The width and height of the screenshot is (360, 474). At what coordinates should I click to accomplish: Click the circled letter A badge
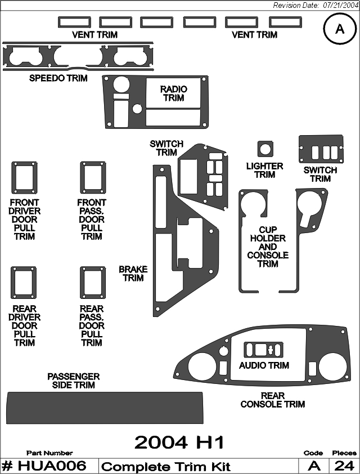click(340, 29)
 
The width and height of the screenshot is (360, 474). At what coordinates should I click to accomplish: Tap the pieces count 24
click(344, 466)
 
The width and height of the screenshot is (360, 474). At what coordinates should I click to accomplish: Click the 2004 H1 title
click(179, 443)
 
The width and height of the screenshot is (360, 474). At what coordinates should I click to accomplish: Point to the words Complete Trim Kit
click(166, 467)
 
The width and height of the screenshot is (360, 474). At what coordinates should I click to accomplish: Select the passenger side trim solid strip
click(105, 408)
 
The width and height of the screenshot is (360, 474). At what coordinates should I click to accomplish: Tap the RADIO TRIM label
click(174, 93)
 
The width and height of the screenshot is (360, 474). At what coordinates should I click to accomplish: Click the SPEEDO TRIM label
click(58, 78)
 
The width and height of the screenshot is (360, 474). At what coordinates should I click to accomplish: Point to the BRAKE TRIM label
click(133, 274)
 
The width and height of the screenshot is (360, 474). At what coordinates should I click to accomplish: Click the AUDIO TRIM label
click(264, 365)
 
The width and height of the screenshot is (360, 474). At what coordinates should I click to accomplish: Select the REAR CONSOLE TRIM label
click(273, 400)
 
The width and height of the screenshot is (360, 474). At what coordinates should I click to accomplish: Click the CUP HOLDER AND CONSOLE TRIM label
click(268, 247)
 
